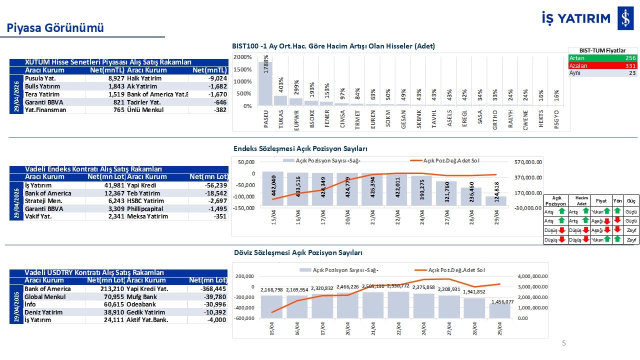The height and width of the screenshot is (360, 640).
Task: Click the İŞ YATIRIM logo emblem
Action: point(625,18)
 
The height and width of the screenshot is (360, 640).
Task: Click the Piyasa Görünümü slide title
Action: point(55,28)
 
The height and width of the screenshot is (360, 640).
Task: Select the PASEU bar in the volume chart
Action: point(265,83)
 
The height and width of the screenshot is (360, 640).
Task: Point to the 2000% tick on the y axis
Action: point(242,57)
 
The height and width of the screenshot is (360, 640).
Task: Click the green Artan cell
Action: point(602,58)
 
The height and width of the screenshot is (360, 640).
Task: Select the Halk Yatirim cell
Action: point(144,78)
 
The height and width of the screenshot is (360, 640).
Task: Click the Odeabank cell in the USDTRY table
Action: point(141,304)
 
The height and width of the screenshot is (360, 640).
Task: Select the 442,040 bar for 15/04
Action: point(273,186)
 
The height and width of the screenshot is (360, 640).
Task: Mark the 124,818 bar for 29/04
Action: point(495,200)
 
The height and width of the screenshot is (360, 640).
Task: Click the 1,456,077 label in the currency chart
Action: point(499,301)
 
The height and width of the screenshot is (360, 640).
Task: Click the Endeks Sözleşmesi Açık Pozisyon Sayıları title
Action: point(300,149)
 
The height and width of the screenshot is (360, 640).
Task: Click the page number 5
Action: point(564,343)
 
